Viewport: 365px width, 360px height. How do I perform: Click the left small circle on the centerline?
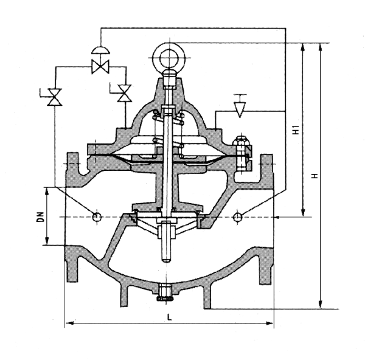[96, 216]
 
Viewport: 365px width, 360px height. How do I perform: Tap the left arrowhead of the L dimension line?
[68, 323]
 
